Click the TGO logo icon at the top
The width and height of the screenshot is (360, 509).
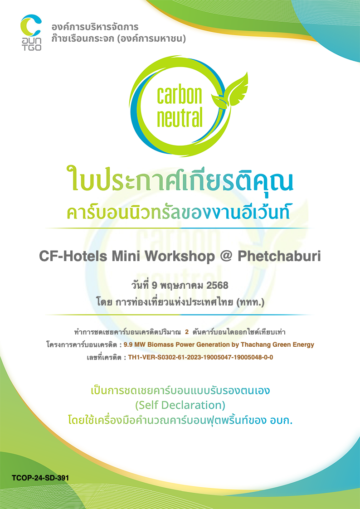(31, 33)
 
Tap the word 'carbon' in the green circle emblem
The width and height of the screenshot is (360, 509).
(180, 95)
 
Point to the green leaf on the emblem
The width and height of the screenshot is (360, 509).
(230, 91)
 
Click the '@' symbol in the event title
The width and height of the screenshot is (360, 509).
(226, 257)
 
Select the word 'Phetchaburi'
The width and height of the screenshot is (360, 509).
(279, 257)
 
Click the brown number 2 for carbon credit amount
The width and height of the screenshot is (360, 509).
(187, 332)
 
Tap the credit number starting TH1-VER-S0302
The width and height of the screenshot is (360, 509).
(200, 358)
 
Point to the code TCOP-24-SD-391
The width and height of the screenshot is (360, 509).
(40, 478)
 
